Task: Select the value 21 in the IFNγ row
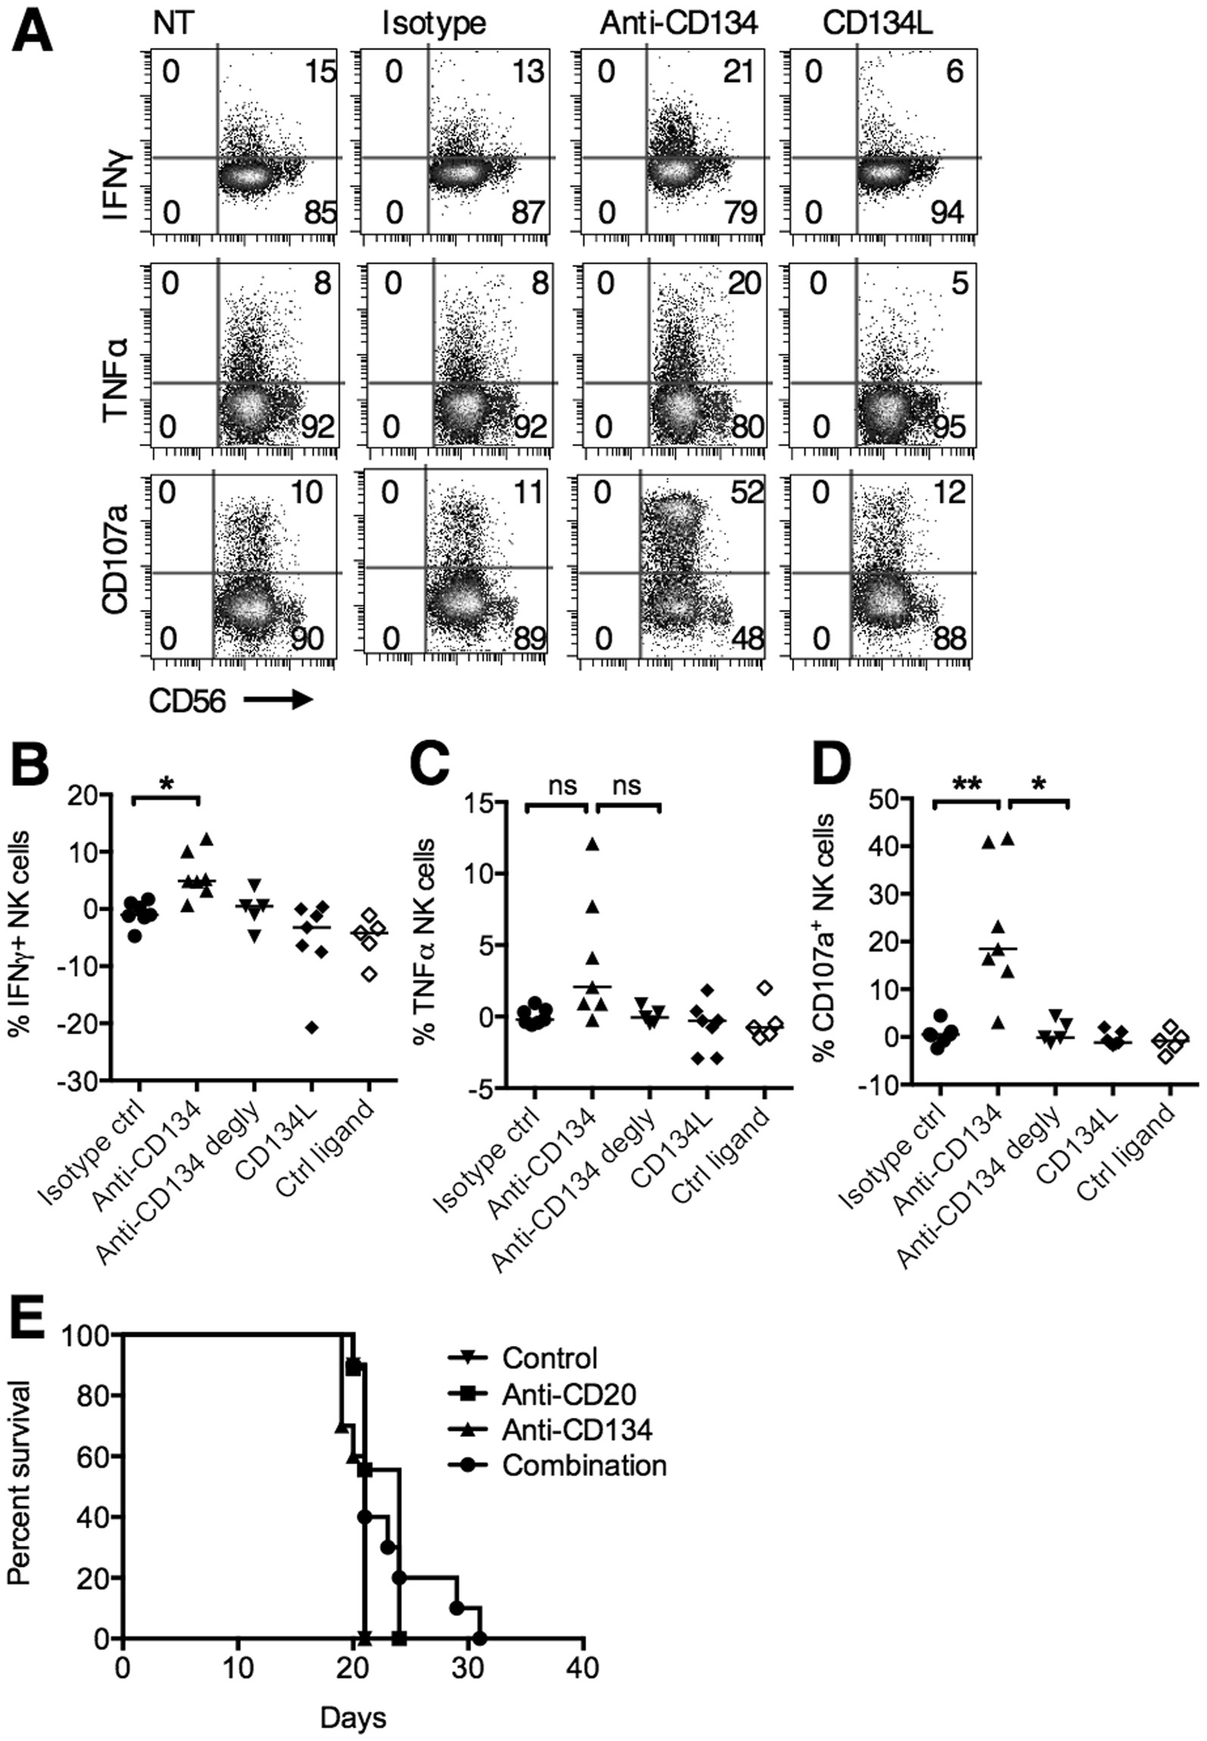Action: [738, 72]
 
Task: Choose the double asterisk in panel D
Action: [966, 786]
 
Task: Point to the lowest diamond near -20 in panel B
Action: [312, 1027]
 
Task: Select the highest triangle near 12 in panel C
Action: [592, 844]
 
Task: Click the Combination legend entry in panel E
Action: [583, 1466]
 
